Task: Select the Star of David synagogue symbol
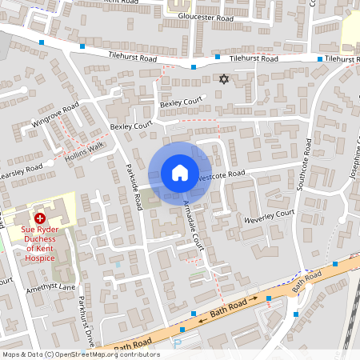tap(224, 79)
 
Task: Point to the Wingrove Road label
tap(56, 117)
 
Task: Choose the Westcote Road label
tap(221, 174)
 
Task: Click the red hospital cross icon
tap(40, 218)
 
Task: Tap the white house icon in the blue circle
tap(180, 173)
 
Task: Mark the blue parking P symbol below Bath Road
tap(178, 343)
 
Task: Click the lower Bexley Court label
tap(130, 126)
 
